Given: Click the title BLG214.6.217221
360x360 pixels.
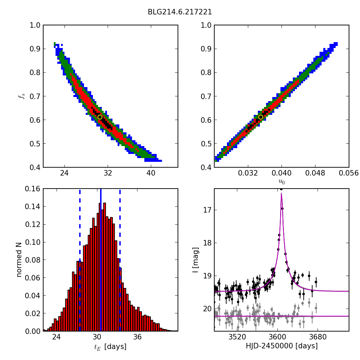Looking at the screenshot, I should pos(180,12).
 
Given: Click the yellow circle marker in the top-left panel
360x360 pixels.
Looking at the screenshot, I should pos(100,117).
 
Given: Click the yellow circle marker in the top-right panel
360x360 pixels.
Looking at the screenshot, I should pos(261,117).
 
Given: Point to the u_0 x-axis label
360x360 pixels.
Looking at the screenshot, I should pos(281,182).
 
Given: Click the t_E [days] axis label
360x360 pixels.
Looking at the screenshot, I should pos(110,347).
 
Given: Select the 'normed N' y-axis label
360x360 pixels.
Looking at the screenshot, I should pos(19,260).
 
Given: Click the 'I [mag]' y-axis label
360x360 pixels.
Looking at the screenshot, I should pos(195,260).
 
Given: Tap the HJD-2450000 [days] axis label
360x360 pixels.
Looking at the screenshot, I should pos(281,346).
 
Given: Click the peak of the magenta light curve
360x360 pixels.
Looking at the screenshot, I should pos(281,194).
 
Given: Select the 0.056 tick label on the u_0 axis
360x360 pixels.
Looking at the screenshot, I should pos(349,173).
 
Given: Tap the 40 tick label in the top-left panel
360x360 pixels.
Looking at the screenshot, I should pos(151,173).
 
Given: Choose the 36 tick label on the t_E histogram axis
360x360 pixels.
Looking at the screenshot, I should pos(137,337).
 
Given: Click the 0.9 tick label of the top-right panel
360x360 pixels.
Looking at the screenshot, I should pos(206,49).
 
